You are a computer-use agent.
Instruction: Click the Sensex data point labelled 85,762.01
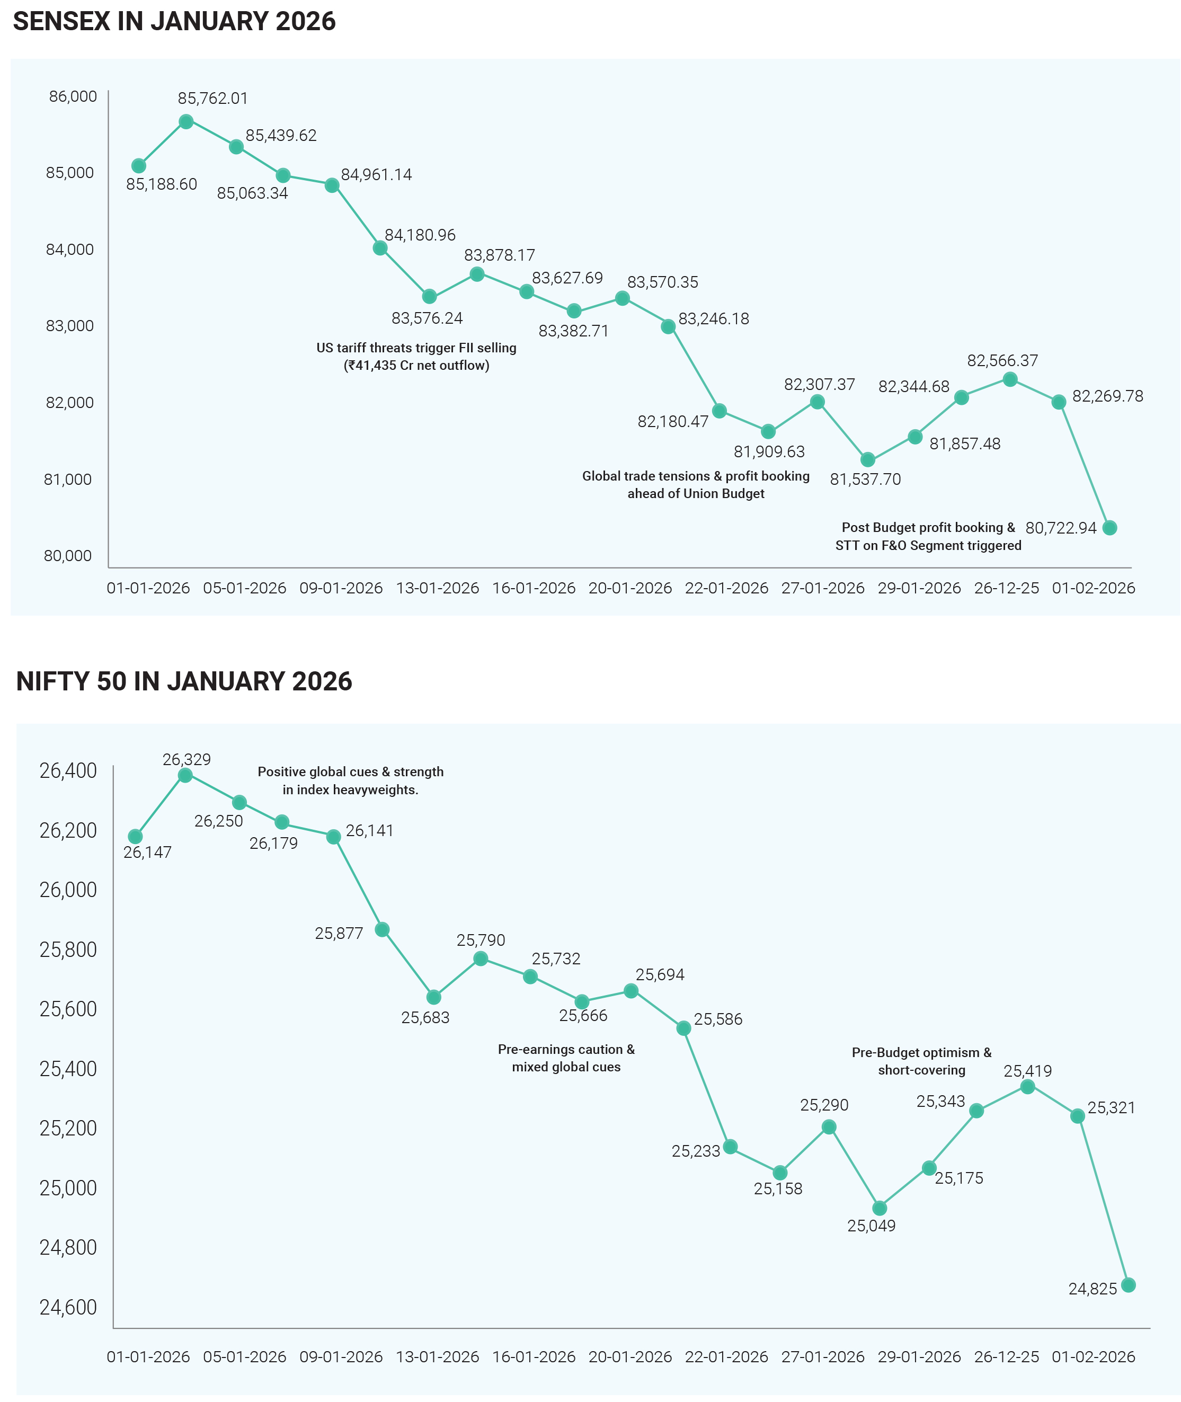coord(186,122)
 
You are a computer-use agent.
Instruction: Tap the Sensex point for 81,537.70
coord(868,460)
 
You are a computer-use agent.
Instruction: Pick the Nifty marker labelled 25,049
coord(880,1209)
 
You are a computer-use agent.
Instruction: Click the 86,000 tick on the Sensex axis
coord(73,96)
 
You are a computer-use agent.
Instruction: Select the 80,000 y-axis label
coord(68,556)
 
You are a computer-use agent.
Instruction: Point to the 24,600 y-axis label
coord(68,1308)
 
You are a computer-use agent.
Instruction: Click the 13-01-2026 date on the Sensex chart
coord(438,588)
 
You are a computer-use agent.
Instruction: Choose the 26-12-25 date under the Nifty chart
coord(1006,1357)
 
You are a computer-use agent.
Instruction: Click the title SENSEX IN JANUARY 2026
coord(174,21)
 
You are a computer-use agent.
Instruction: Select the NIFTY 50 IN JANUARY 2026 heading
coord(184,681)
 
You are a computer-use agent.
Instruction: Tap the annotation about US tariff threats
coord(416,356)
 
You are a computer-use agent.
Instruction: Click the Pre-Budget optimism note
coord(921,1061)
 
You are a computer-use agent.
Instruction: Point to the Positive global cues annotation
coord(350,780)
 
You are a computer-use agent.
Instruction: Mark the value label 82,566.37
coord(1002,361)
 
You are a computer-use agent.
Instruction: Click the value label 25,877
coord(339,933)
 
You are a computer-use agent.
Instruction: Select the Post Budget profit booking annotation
coord(928,536)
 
